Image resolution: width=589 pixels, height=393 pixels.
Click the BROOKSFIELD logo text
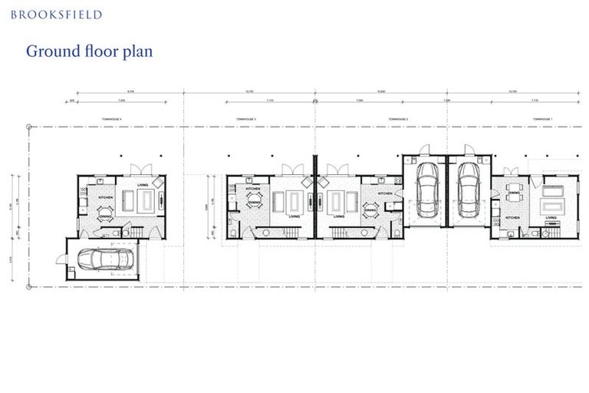[56, 15]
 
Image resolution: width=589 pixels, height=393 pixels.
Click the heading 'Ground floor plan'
[89, 51]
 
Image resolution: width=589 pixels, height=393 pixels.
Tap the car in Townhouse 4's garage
[106, 259]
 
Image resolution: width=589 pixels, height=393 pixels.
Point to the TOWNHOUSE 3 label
[245, 120]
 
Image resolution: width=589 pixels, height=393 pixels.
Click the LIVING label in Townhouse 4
[143, 185]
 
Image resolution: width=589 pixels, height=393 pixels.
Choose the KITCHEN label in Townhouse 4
[106, 198]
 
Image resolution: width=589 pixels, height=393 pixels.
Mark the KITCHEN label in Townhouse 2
[386, 193]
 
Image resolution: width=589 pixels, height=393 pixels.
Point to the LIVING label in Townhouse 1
[551, 218]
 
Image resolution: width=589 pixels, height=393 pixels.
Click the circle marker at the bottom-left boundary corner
[29, 287]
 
